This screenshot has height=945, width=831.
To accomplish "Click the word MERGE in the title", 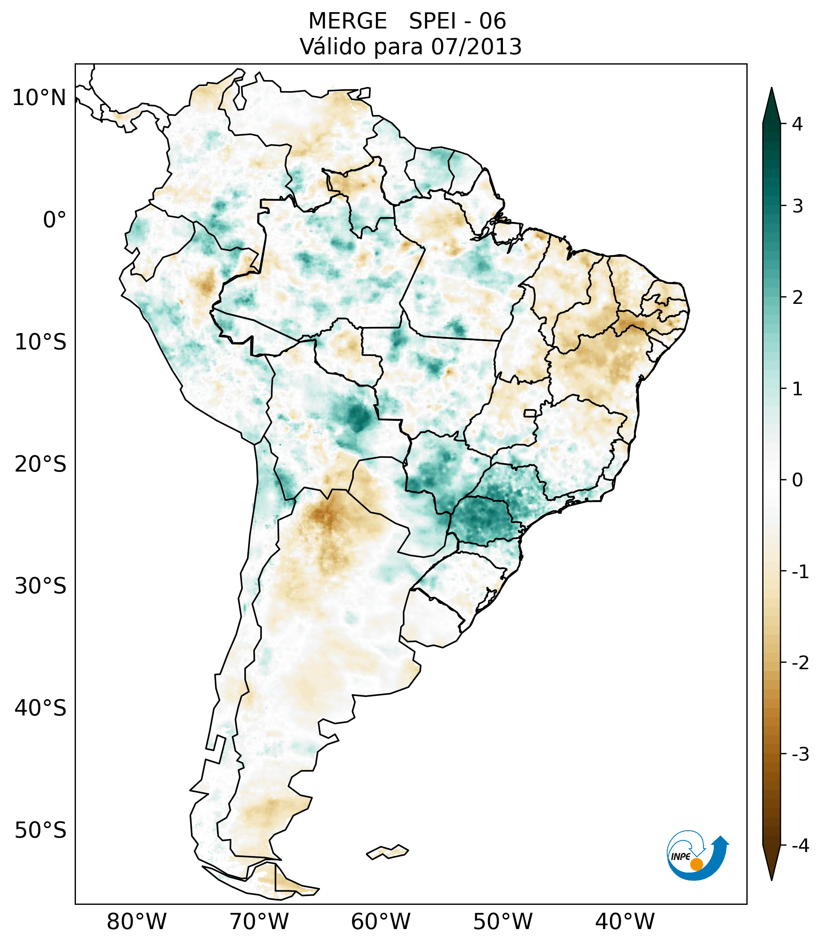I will tap(347, 21).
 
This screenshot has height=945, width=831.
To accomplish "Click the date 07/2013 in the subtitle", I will tap(476, 47).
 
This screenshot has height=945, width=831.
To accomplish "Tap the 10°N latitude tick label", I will tap(39, 98).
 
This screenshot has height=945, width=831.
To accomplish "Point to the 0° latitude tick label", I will tap(55, 220).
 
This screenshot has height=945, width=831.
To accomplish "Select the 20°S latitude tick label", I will tap(41, 464).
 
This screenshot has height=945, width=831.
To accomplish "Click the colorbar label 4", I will tap(797, 124).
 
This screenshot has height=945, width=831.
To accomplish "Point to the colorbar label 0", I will tap(797, 480).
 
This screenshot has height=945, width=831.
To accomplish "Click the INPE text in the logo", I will tap(680, 857).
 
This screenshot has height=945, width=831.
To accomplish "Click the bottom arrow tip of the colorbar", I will tap(771, 879).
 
